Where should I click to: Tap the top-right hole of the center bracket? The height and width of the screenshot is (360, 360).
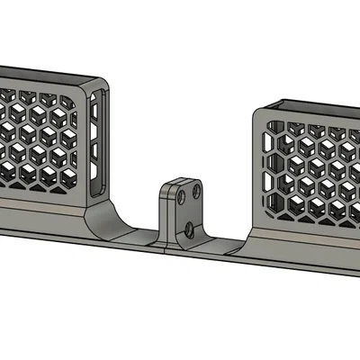(x=197, y=191)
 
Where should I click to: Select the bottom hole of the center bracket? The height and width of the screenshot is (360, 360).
(x=190, y=229)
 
